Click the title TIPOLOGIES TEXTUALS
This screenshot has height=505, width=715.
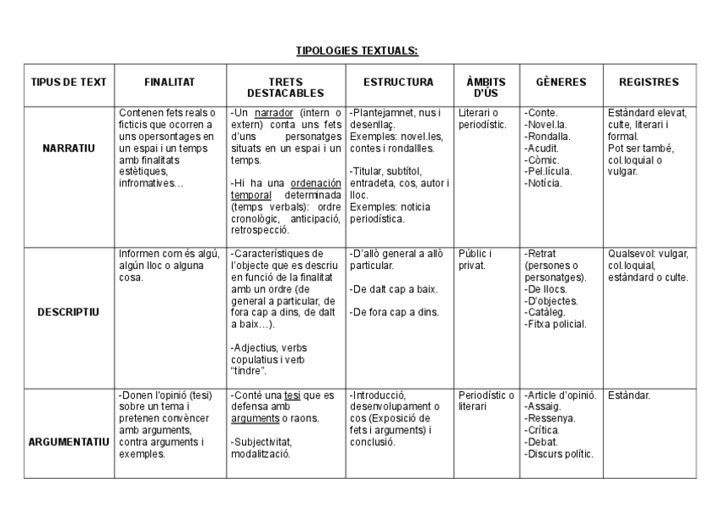[357, 51]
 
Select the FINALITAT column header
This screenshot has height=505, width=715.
[169, 83]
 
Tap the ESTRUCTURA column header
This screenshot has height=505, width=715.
[399, 83]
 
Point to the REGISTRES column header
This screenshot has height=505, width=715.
[649, 83]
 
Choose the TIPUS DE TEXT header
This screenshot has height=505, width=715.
[69, 83]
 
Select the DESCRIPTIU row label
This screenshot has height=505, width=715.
[68, 312]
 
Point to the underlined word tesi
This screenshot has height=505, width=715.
[292, 395]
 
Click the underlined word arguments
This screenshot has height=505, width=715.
[255, 418]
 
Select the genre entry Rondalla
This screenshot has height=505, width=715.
[548, 136]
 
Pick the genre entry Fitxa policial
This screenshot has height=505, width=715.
[556, 324]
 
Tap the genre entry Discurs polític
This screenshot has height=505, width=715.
[560, 454]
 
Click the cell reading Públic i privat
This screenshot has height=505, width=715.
[476, 259]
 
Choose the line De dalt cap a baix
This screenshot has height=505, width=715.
[395, 289]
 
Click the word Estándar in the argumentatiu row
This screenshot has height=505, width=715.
[629, 395]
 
